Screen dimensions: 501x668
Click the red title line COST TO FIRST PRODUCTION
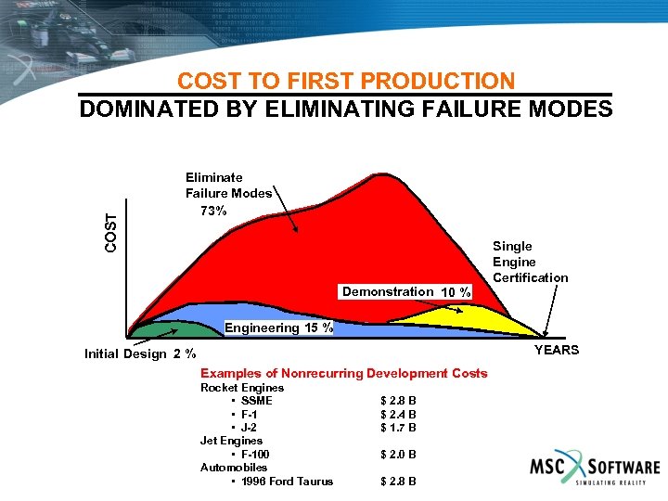click(x=345, y=82)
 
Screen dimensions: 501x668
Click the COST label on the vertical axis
click(x=111, y=233)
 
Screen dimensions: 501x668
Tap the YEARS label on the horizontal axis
click(x=556, y=350)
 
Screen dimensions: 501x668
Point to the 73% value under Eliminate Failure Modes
click(x=213, y=211)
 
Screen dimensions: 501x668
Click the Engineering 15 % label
click(x=278, y=328)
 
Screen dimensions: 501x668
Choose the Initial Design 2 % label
click(x=139, y=353)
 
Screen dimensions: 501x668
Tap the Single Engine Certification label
click(x=530, y=262)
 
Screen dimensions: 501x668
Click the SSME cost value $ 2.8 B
click(x=398, y=401)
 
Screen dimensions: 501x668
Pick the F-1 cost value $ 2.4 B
click(x=398, y=415)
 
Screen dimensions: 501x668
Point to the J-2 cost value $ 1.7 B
click(x=398, y=428)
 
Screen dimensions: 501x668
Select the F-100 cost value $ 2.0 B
click(x=398, y=455)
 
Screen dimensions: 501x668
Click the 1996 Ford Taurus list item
click(x=286, y=481)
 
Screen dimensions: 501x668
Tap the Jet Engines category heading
click(x=231, y=441)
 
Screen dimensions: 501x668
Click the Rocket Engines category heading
click(x=241, y=388)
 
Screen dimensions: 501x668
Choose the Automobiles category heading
click(x=233, y=468)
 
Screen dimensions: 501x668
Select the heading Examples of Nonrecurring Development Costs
click(x=344, y=373)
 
